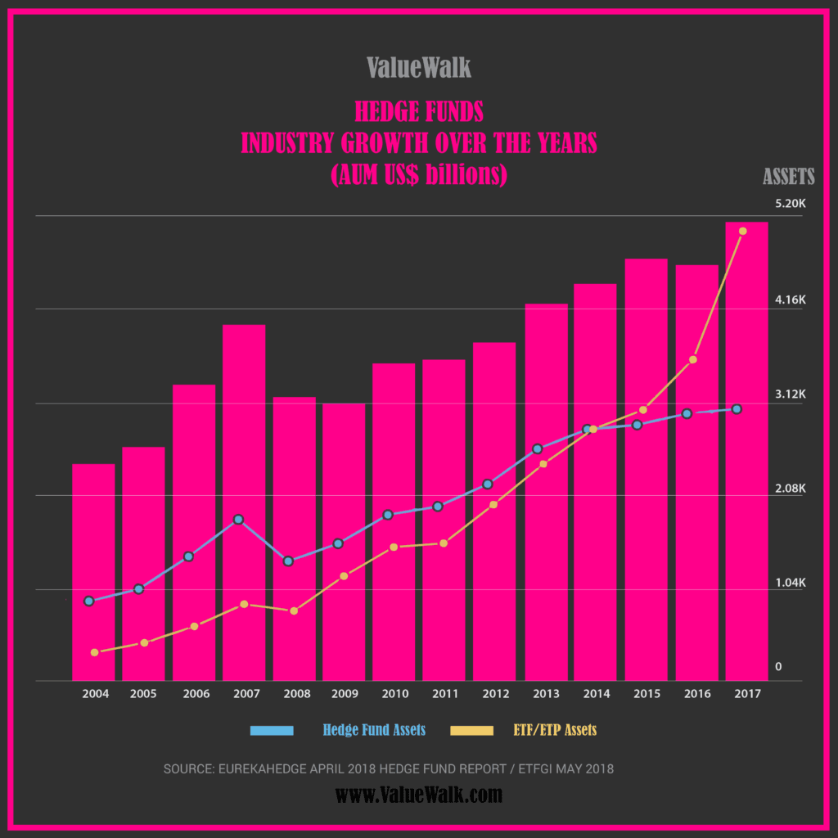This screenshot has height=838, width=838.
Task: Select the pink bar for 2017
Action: coord(746,450)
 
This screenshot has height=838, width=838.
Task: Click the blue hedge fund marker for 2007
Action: coord(238,520)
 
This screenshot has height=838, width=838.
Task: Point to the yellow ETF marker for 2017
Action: coord(742,231)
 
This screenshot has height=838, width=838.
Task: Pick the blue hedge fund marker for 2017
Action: coord(737,408)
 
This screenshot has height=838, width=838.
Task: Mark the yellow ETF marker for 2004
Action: coord(94,652)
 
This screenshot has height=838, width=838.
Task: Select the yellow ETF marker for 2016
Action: coord(692,359)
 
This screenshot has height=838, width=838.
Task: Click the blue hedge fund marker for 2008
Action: coord(288,561)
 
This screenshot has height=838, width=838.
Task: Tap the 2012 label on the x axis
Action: coord(495,694)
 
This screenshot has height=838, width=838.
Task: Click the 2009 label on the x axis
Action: coord(345,694)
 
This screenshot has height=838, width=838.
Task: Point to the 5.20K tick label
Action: coord(791,204)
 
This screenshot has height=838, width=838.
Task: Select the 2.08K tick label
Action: coord(791,489)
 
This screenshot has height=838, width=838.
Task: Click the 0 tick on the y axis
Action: coord(778,667)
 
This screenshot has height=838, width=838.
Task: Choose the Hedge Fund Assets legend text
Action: coord(374,730)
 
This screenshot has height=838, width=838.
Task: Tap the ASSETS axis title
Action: coord(789,176)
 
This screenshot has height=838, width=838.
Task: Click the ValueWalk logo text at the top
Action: coord(419,67)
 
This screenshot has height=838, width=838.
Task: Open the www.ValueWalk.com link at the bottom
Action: coord(419,794)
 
